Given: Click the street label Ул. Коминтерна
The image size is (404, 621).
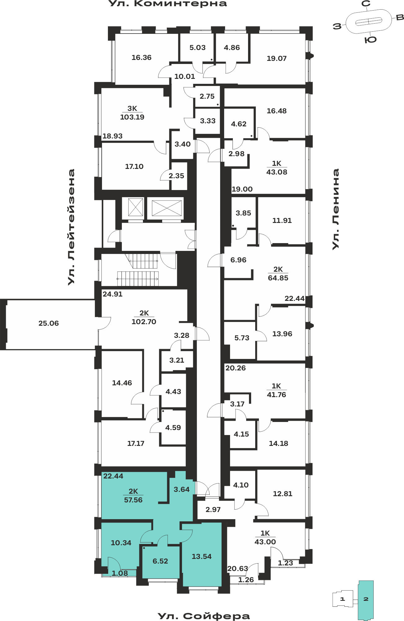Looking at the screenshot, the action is (168, 4).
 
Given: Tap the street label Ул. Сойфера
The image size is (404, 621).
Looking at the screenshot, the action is (204, 616).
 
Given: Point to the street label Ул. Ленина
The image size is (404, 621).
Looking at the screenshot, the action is (336, 209).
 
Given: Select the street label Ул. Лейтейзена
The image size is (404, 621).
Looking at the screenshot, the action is (72, 227).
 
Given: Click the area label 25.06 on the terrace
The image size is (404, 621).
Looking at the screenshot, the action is (49, 323).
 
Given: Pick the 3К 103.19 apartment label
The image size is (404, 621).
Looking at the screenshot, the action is (132, 113).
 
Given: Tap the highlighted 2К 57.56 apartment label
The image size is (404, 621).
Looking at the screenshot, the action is (133, 496).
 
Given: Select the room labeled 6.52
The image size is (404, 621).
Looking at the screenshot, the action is (161, 561).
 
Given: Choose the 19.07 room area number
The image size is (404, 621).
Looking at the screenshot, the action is (277, 58).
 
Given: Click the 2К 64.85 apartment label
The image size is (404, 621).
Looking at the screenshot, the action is (278, 274).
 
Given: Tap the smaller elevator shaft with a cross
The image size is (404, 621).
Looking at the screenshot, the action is (136, 207).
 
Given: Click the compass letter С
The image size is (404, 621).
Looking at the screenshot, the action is (366, 4).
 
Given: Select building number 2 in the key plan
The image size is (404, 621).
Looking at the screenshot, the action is (366, 599).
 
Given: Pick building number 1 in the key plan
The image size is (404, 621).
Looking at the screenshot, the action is (342, 599).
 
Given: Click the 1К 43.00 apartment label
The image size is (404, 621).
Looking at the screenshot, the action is (265, 537).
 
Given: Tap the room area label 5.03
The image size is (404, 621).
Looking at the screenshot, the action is (198, 48).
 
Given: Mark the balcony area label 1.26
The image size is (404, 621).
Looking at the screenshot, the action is (246, 580).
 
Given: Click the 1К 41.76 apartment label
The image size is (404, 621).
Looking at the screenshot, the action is (277, 390).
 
